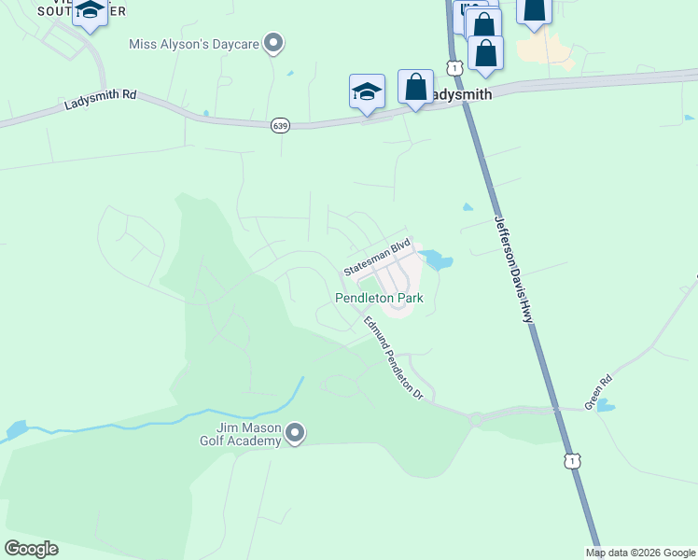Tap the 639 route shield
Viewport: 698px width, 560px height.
280,124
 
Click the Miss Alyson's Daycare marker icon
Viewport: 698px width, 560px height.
273,43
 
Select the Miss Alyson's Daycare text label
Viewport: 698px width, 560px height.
194,43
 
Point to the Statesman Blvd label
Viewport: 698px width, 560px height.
377,256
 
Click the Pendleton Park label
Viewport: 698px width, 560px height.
379,299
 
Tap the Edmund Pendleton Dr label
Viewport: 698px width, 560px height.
394,358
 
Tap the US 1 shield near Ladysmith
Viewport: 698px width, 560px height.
454,67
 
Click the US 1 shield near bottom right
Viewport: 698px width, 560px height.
571,460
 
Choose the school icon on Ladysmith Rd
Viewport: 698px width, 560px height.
368,91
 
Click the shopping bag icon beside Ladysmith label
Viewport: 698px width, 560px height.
415,87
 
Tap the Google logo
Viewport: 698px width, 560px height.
31,549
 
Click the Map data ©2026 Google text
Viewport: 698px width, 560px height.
639,553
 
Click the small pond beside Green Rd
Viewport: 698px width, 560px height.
606,406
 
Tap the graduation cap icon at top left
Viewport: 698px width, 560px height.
90,12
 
